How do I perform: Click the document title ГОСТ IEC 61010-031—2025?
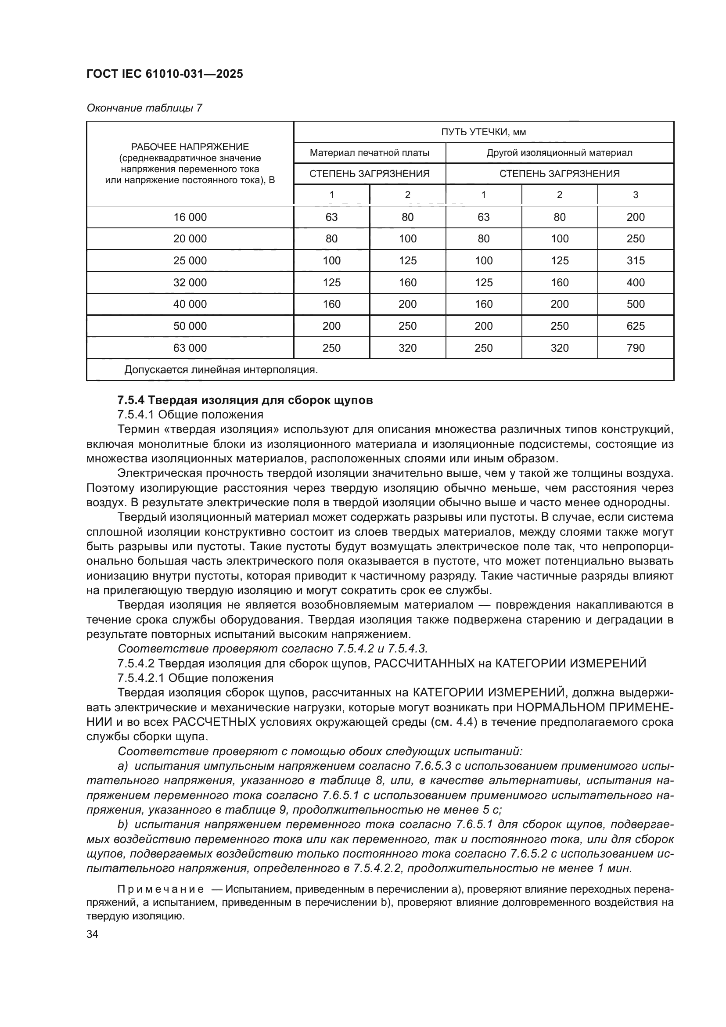(165, 74)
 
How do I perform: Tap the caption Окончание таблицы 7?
(144, 108)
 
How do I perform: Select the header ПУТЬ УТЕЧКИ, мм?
(483, 132)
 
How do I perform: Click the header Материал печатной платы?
(369, 153)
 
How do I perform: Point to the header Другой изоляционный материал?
(559, 153)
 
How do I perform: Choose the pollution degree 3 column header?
(635, 195)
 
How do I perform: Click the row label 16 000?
(190, 217)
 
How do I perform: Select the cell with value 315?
(635, 261)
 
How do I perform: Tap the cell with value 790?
(635, 348)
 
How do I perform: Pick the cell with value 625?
(635, 326)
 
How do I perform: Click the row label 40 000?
(190, 304)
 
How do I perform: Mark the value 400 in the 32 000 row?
(635, 283)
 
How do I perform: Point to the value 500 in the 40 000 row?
(635, 304)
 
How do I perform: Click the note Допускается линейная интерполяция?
(221, 370)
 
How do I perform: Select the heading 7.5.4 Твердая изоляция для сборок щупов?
(245, 400)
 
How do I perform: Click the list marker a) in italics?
(122, 766)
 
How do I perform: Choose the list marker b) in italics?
(122, 825)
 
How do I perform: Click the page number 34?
(93, 934)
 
